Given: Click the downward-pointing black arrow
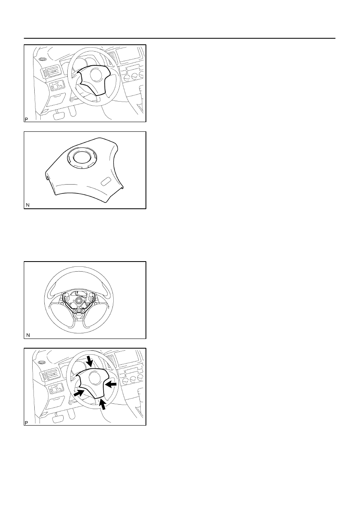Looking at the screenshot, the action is pos(89,361).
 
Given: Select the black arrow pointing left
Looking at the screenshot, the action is pos(111,384).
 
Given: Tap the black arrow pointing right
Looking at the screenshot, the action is pos(79,393).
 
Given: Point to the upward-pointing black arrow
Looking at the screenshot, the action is pos(103,405).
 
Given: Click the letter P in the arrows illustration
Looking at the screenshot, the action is pos(26,423).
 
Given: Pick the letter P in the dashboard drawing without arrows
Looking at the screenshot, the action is pos(26,119).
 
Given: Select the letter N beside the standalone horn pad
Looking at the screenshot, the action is pos(28,205).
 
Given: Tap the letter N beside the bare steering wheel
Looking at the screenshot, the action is pos(28,335).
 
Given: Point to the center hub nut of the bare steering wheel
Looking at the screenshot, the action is pos(78,300).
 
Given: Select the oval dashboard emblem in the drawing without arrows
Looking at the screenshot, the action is pos(42,59).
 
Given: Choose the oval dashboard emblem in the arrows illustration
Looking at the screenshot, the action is pos(42,362).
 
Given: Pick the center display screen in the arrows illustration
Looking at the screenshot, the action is pos(127,357).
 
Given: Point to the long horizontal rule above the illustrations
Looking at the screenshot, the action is pos(179,38).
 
